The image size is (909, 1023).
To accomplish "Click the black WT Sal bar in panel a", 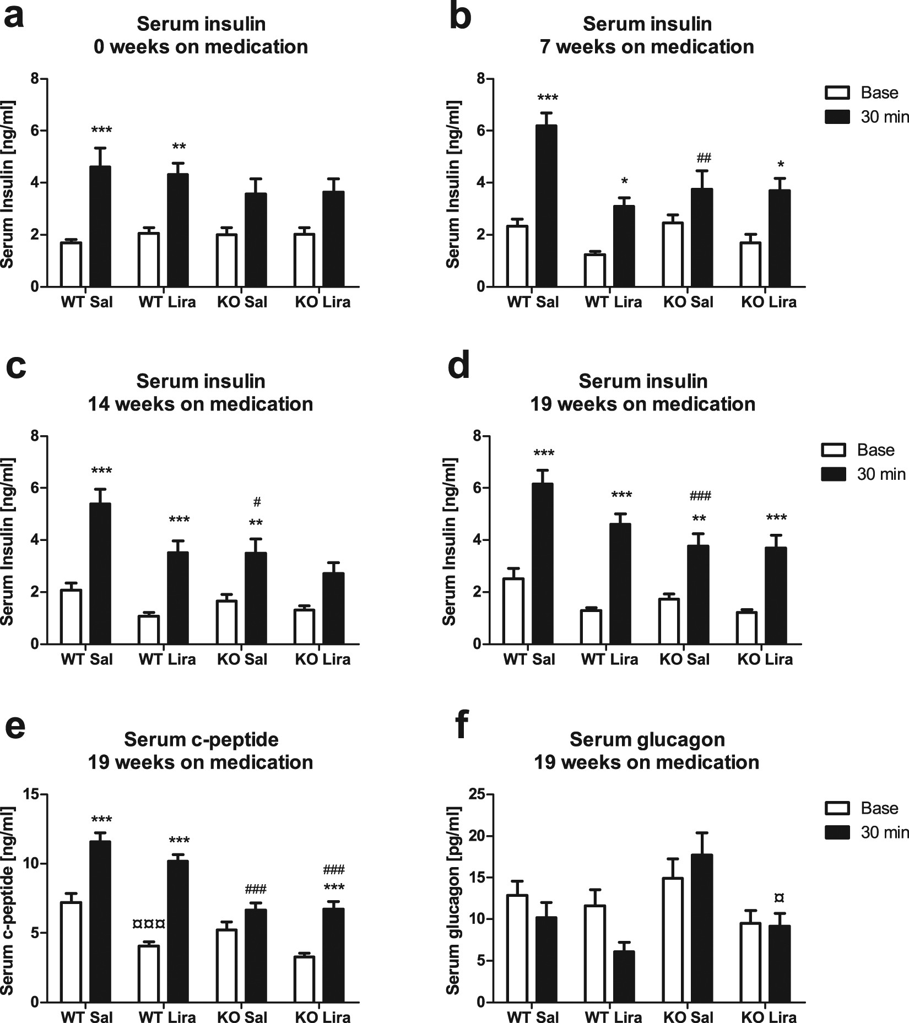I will pos(100,226).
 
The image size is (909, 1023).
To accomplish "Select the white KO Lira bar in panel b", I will pos(750,264).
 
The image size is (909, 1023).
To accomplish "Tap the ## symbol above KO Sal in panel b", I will pos(704,159).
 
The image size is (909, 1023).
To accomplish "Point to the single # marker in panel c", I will pos(257,502).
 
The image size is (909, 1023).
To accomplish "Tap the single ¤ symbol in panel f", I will pos(779,898).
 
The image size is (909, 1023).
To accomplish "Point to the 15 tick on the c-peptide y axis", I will pos(32,794).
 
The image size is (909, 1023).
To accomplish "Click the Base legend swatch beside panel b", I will pos(837,93).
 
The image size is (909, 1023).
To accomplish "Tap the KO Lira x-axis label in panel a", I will pos(323,302).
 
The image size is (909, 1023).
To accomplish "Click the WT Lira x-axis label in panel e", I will pos(167,1017).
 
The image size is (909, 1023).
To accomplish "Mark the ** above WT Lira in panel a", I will pos(179,147).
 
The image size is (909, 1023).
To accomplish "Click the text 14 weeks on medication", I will pos(201,404).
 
